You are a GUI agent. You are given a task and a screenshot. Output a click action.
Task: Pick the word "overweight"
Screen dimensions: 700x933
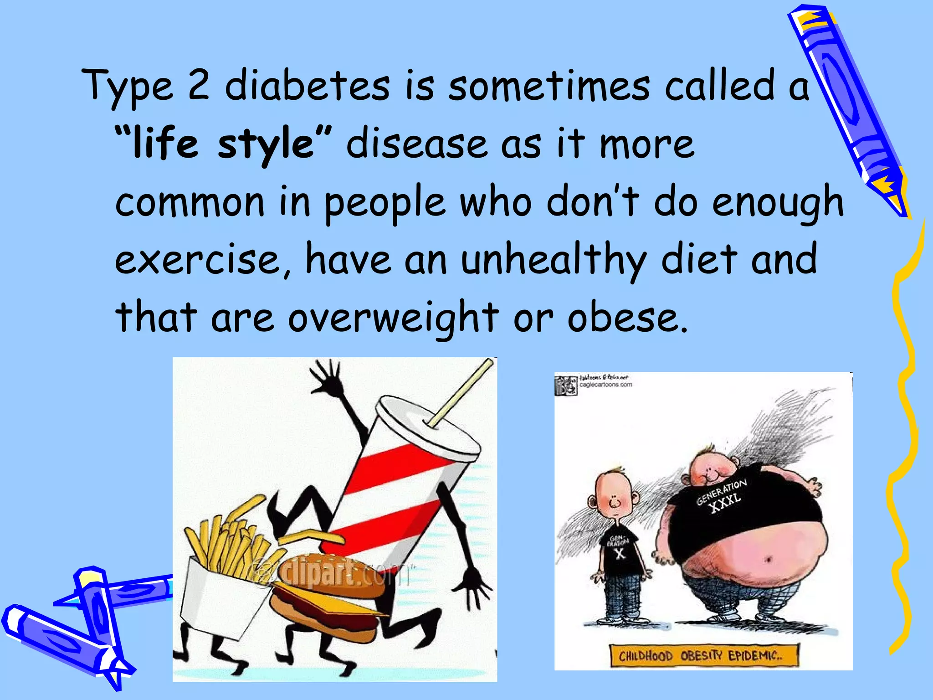coord(393,318)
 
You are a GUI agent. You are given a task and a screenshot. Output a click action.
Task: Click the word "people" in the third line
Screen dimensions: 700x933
coord(384,203)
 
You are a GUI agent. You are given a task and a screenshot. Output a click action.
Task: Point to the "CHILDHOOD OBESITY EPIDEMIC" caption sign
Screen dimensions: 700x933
coord(704,656)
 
